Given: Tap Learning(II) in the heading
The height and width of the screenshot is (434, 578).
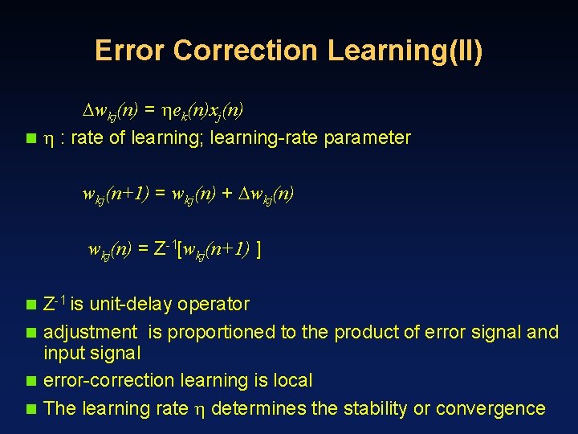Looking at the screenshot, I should click(x=405, y=50).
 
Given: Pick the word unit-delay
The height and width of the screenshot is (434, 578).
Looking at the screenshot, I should click(x=132, y=305).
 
